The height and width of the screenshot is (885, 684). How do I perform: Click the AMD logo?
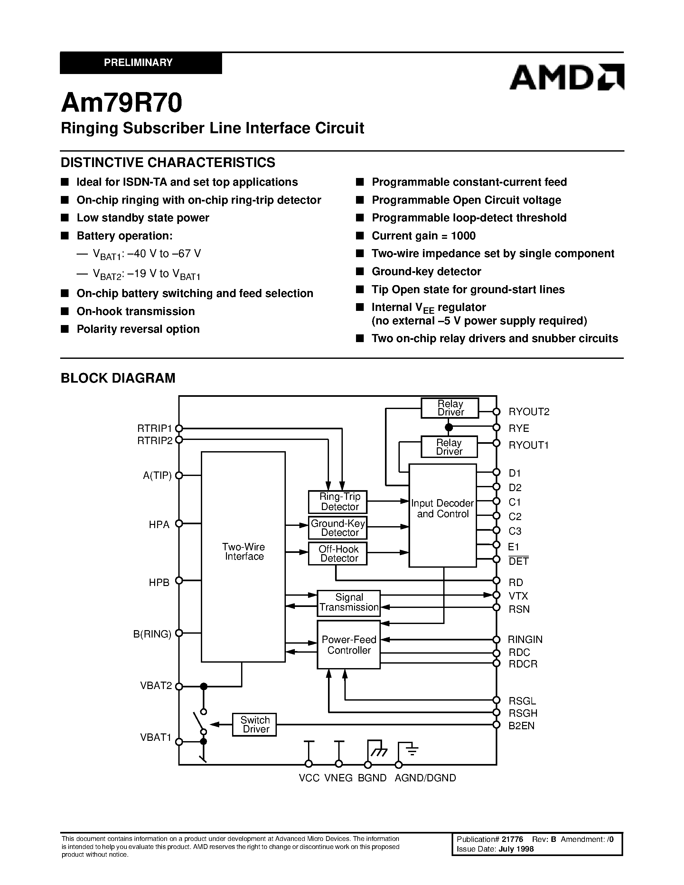tap(566, 77)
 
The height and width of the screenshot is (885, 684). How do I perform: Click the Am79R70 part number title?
tap(122, 103)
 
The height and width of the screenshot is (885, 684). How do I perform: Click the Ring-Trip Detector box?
tap(338, 502)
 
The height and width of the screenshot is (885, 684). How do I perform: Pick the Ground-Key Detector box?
tap(338, 527)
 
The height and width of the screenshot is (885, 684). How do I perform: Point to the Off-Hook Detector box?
tap(338, 554)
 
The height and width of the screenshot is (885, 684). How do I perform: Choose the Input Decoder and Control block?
tap(443, 515)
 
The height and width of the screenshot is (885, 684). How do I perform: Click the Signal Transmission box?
tap(349, 602)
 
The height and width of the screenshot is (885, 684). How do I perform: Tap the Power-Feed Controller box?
tap(349, 645)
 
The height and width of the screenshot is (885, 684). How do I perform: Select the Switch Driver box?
tap(255, 724)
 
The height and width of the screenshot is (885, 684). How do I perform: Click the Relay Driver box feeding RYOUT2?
tap(450, 408)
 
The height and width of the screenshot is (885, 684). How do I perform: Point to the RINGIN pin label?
tap(525, 639)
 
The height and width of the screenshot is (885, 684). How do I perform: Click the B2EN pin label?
tap(521, 726)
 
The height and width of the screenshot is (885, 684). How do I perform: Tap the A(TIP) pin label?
tap(157, 475)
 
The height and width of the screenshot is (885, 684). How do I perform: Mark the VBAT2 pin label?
tap(156, 685)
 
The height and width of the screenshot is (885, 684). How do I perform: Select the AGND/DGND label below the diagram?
tap(425, 778)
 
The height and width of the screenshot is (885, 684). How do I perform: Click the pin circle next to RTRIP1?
tap(179, 428)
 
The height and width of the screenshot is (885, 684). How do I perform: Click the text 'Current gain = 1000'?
tap(424, 236)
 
